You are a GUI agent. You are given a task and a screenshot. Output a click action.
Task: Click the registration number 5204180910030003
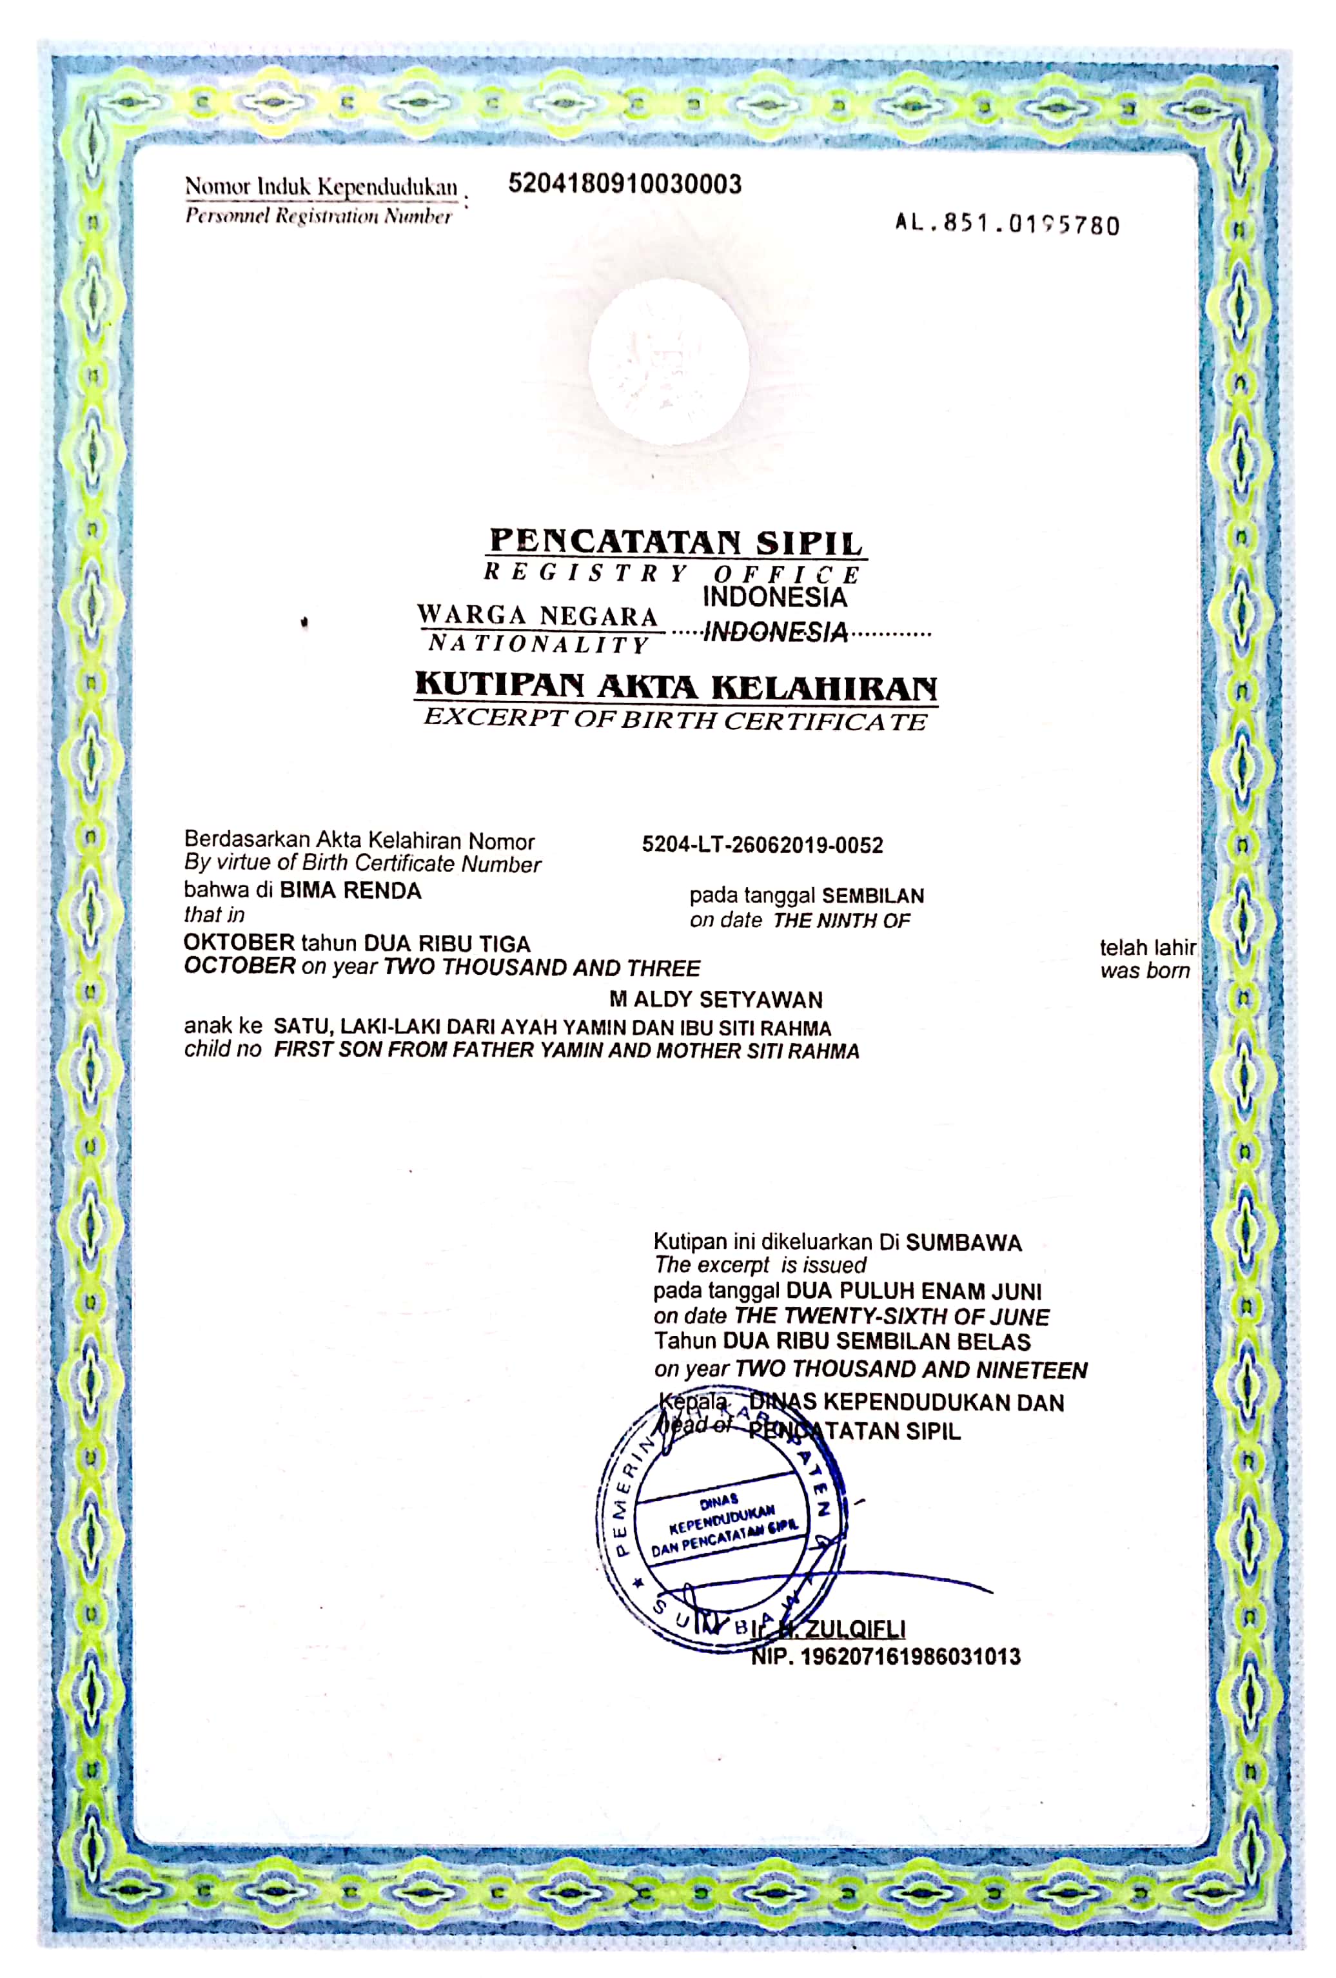tap(625, 184)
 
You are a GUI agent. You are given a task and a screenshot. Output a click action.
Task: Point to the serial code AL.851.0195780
tap(1007, 225)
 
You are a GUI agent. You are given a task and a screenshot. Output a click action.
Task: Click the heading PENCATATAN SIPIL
tap(676, 542)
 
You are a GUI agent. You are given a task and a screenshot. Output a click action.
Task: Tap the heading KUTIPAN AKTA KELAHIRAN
tap(676, 686)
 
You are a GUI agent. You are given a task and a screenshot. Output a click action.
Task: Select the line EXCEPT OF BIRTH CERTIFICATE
tap(676, 720)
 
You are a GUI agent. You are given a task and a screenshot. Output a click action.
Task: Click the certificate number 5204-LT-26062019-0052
tap(762, 845)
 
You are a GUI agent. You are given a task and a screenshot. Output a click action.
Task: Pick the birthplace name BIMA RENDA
tap(351, 890)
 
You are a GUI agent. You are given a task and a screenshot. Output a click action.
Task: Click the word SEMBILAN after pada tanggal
tap(873, 896)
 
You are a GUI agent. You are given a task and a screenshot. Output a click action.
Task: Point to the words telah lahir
tap(1147, 947)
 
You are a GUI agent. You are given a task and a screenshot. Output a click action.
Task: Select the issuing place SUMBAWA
tap(963, 1242)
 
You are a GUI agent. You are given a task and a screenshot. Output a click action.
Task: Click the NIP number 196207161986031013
tap(910, 1656)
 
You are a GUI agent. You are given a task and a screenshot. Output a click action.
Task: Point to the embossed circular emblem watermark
tap(669, 362)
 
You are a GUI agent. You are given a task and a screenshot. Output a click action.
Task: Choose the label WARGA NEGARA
tap(537, 614)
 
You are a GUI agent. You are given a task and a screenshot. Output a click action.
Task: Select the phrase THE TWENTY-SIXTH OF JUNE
tap(892, 1316)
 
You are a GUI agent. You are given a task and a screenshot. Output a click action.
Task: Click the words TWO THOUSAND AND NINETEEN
tap(910, 1369)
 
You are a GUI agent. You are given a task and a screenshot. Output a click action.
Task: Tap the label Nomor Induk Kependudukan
tap(321, 186)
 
